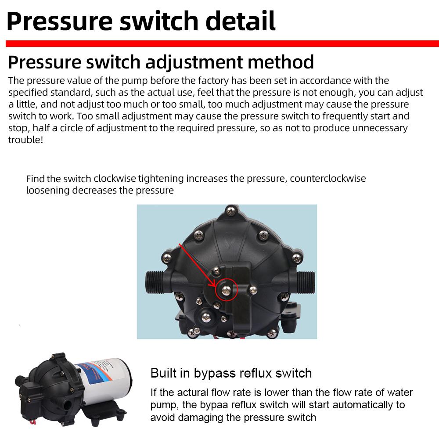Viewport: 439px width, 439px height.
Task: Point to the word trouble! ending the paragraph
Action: [x=26, y=140]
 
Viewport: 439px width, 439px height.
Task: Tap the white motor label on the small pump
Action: [x=105, y=378]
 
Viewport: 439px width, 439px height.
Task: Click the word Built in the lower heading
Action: [x=163, y=373]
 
